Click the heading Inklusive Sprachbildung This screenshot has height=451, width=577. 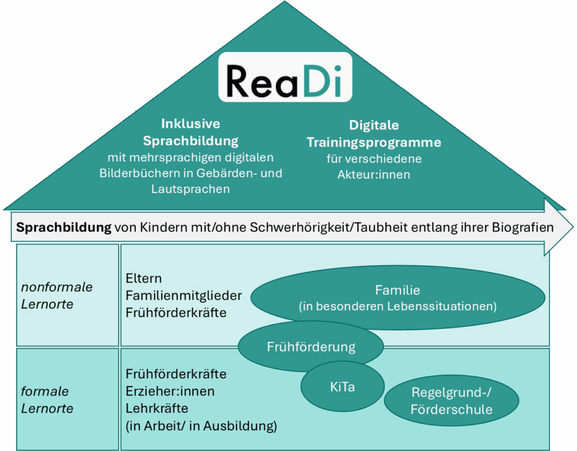point(190,132)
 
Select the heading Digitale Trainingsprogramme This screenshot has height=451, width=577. point(374,133)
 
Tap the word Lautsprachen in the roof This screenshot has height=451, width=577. point(190,189)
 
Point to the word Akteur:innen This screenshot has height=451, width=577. point(374,175)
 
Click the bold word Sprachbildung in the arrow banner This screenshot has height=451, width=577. point(64,227)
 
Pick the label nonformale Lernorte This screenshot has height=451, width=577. point(56,296)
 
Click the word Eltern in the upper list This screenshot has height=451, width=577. point(144,278)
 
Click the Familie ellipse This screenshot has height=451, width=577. point(397,298)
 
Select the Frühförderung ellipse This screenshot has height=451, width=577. point(311,347)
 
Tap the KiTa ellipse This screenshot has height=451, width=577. point(342,387)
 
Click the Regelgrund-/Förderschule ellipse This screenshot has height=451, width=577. point(451,401)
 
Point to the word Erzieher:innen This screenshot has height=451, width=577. point(170,391)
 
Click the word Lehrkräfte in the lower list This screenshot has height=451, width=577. point(157,408)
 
